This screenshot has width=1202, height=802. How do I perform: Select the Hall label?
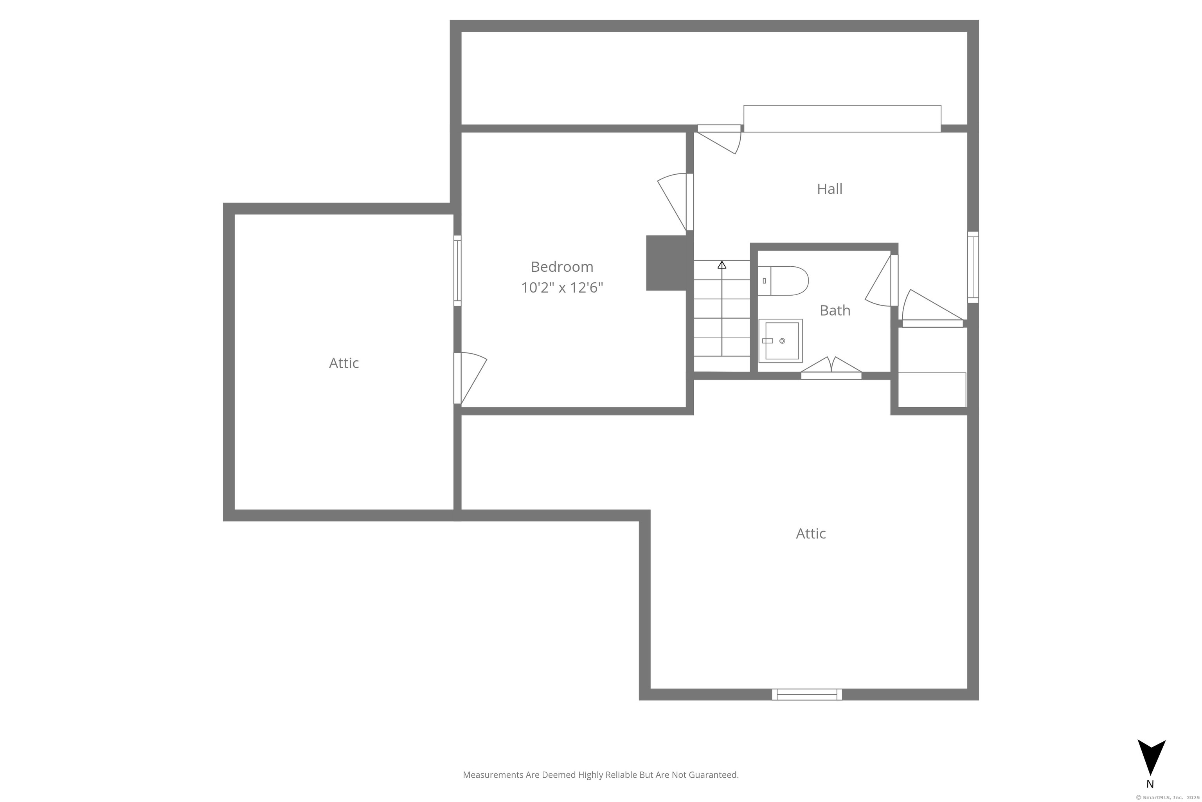tap(830, 189)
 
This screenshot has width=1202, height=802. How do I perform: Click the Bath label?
tap(835, 311)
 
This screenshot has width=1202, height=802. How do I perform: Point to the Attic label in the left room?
tap(344, 363)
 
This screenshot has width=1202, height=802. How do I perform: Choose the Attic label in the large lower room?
tap(811, 533)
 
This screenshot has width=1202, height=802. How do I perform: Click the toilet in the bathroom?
tap(783, 281)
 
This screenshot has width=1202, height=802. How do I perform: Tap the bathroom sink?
tap(780, 341)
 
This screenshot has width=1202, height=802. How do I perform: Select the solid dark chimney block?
tap(666, 263)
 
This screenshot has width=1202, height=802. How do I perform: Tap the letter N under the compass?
tap(1150, 784)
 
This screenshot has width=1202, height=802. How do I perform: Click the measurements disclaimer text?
tap(601, 775)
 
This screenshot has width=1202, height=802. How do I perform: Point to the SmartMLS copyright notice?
tap(1167, 797)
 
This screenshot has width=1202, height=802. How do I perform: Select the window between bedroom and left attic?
tap(457, 271)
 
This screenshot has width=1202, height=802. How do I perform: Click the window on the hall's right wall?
tap(973, 267)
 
